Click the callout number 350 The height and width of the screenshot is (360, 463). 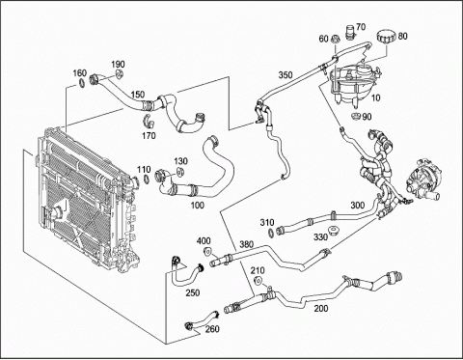tap(286, 75)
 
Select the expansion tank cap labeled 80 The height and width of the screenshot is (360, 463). tap(386, 36)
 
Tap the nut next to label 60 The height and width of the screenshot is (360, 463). tap(335, 39)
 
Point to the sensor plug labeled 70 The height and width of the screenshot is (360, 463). tap(350, 32)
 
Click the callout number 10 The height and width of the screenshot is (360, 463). tap(375, 97)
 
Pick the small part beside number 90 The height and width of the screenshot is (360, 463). tap(356, 116)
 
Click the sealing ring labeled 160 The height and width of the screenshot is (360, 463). tap(83, 83)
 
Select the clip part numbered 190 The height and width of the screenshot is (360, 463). tap(120, 74)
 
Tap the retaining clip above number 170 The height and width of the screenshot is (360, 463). tap(149, 120)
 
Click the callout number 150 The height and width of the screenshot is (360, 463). tap(138, 95)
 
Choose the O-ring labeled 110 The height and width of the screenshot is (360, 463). tap(146, 179)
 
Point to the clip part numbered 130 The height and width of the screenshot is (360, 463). tap(179, 172)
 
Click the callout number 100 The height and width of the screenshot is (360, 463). tap(197, 205)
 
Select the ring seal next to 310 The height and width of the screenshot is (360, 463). tap(271, 232)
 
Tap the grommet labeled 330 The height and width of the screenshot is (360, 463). tap(332, 231)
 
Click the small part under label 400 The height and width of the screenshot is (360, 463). tap(207, 251)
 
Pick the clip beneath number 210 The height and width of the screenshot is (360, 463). tap(258, 281)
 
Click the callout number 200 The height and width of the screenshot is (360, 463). tap(321, 308)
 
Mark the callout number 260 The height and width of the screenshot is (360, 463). tap(212, 329)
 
